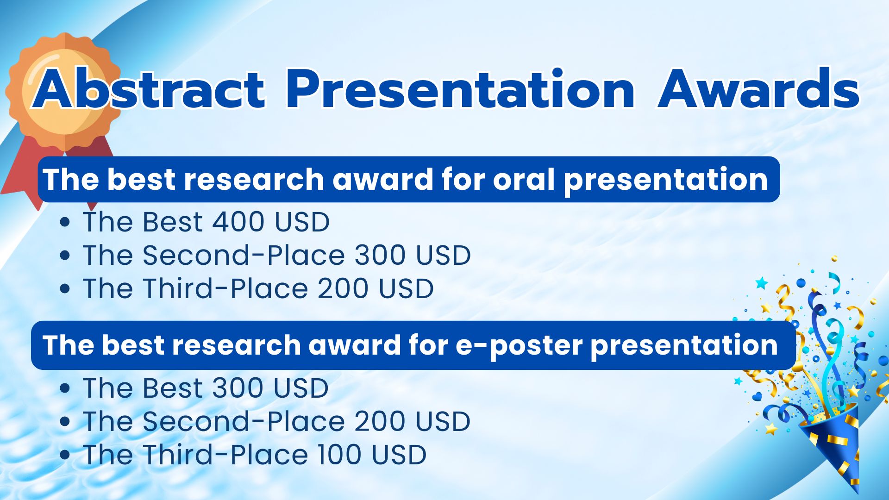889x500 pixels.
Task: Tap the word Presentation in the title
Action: pos(460,88)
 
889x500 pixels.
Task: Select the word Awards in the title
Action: pos(759,88)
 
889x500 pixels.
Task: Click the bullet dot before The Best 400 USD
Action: pos(65,222)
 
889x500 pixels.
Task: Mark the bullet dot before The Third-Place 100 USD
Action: pos(65,455)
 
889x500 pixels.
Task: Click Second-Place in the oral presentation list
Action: pos(244,255)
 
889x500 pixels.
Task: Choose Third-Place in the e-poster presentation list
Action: pos(225,455)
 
